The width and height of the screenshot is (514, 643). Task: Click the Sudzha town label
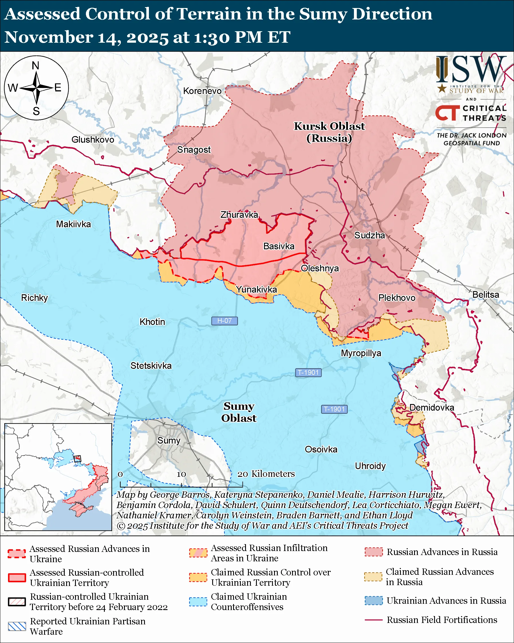[369, 235]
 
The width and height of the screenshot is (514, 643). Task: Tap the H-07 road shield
[224, 321]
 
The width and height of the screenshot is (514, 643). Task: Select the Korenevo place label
[202, 91]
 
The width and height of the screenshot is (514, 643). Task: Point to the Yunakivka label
[256, 289]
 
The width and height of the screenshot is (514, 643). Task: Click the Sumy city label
[169, 440]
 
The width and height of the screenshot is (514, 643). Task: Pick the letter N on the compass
[36, 66]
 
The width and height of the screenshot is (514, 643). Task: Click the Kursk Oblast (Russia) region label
[329, 132]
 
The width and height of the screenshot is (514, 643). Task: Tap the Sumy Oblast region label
[239, 412]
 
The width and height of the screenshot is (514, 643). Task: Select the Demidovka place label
[432, 407]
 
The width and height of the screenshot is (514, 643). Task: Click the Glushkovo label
[93, 140]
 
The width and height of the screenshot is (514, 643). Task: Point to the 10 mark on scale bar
[181, 474]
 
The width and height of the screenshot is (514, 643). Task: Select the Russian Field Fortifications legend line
[373, 620]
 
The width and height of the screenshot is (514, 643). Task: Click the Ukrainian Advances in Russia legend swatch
[373, 600]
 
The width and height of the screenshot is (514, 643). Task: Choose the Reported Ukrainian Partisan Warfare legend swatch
[17, 626]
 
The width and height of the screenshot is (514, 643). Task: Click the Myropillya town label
[361, 353]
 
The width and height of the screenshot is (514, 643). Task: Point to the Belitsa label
[485, 295]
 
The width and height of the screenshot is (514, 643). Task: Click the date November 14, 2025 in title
[86, 37]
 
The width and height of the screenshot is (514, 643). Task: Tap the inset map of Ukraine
[58, 477]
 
